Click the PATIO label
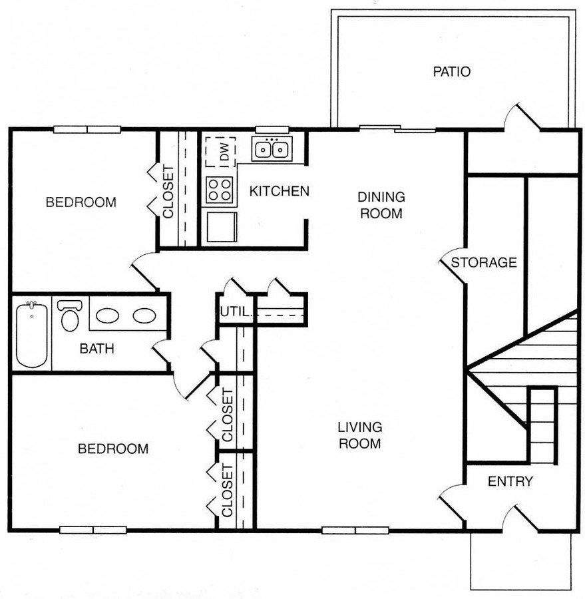[451, 71]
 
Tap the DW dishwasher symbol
[220, 152]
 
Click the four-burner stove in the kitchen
[220, 188]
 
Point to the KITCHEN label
[279, 192]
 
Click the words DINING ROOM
[381, 205]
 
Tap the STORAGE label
[484, 262]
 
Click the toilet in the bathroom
[69, 315]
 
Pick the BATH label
[97, 348]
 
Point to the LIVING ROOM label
[359, 435]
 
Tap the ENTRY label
[510, 481]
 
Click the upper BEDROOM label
[81, 202]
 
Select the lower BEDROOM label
[113, 449]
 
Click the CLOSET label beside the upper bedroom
[168, 192]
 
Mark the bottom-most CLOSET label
[228, 491]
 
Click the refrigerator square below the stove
[220, 226]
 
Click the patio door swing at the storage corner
[520, 118]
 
